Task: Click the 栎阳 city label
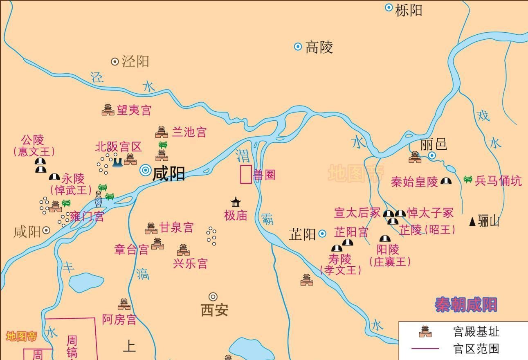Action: click(409, 10)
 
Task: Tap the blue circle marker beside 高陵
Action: click(298, 47)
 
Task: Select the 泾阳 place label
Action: click(136, 61)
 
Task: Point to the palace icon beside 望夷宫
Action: click(108, 110)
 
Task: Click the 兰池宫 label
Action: click(189, 132)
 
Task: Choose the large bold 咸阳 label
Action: click(169, 173)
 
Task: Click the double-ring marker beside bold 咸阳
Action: click(145, 170)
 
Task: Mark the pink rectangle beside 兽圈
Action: click(245, 174)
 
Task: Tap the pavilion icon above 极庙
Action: click(236, 202)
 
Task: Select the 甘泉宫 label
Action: click(176, 227)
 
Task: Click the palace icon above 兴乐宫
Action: click(183, 250)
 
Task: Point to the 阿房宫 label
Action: click(119, 319)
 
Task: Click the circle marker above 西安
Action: click(213, 297)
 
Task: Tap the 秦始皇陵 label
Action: click(414, 182)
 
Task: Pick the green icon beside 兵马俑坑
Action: click(468, 179)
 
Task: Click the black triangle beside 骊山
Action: click(472, 222)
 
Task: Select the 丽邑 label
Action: click(434, 144)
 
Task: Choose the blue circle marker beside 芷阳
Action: click(322, 234)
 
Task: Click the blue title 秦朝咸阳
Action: click(466, 305)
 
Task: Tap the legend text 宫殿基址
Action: click(476, 331)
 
